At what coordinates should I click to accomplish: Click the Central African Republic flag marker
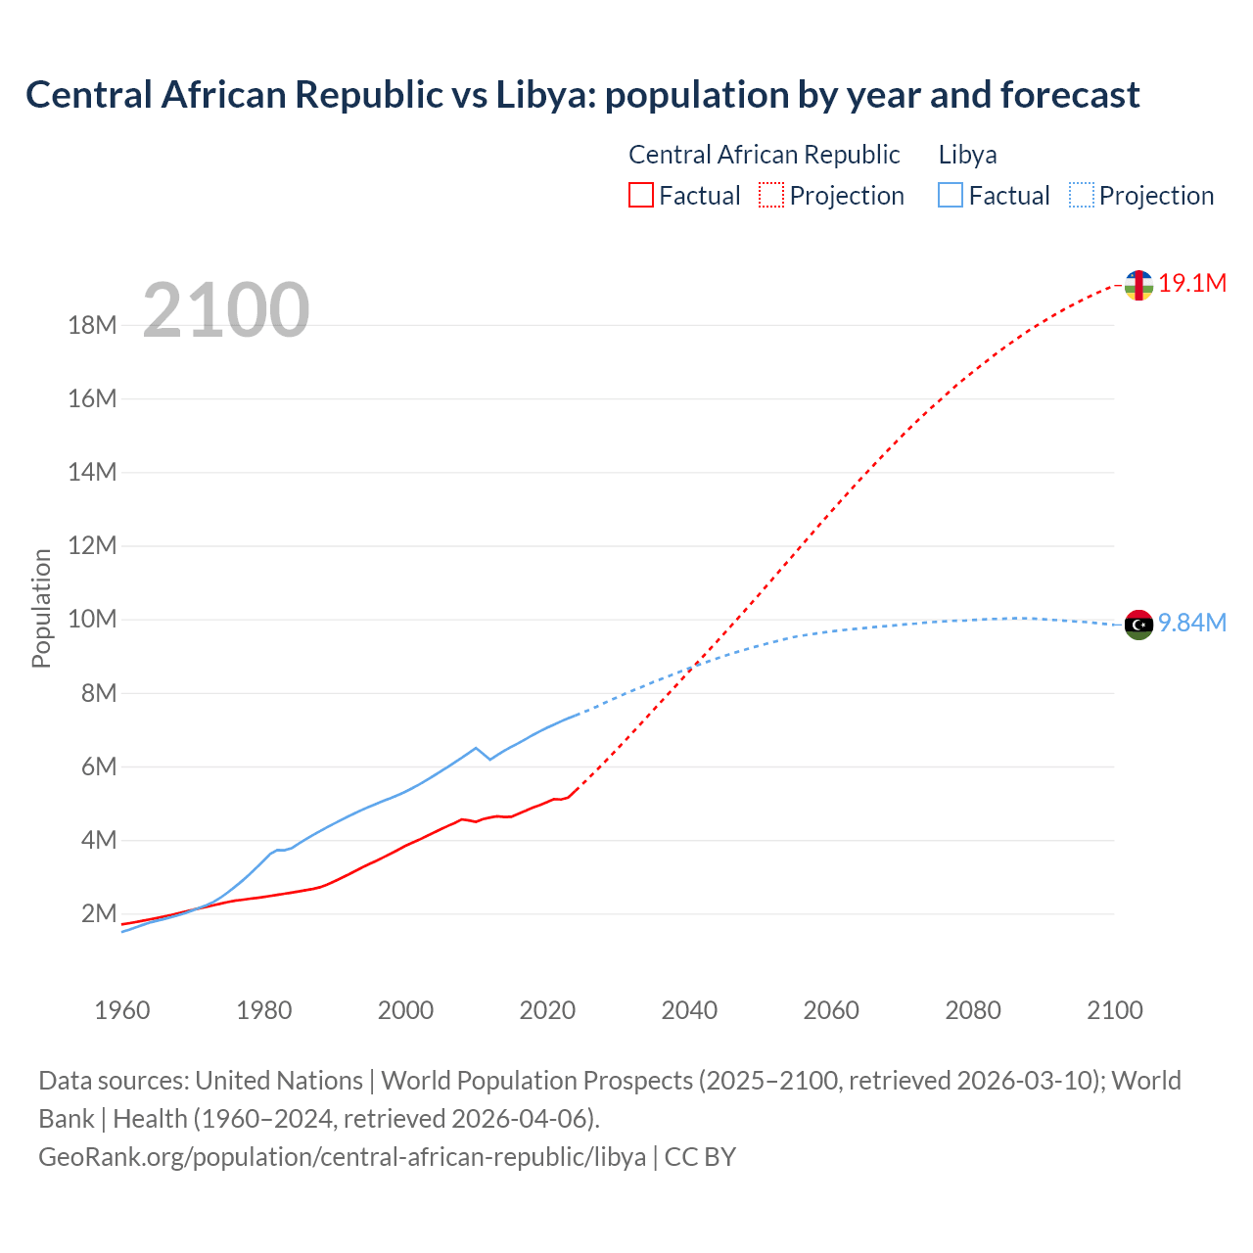[1138, 285]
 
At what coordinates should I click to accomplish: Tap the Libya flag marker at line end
[1138, 625]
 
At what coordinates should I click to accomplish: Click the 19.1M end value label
[1192, 284]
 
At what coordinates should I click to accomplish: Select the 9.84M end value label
[1192, 624]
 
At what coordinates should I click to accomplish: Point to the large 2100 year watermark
[226, 310]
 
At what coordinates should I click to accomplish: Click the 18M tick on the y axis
[93, 326]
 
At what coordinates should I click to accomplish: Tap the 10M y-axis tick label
[93, 620]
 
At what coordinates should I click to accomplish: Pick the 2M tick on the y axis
[99, 914]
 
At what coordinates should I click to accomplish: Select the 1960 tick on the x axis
[122, 1010]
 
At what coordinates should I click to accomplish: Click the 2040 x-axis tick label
[689, 1010]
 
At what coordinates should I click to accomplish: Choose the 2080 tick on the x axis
[973, 1010]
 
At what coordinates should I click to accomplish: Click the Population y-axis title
[41, 608]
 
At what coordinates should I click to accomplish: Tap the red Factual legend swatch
[640, 196]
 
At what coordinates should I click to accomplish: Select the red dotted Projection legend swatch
[771, 196]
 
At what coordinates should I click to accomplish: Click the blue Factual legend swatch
[951, 196]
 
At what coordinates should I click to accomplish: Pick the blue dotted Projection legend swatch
[1082, 196]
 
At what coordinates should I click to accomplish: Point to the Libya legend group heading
[968, 155]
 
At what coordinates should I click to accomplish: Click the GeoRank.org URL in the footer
[342, 1157]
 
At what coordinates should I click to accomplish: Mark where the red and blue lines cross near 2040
[694, 666]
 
